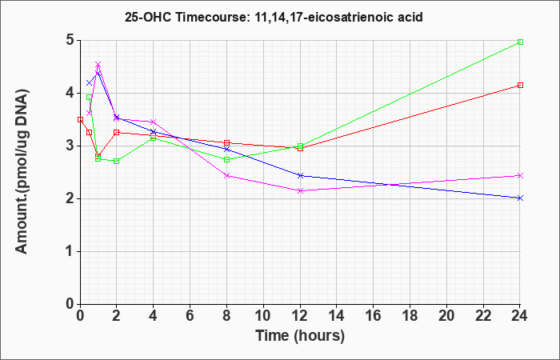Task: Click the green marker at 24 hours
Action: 520,42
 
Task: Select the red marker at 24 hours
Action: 520,86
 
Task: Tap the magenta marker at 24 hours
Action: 520,176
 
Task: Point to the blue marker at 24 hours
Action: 520,198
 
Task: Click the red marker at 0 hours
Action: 80,120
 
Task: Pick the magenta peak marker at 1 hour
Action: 98,65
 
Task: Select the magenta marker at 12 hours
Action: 300,191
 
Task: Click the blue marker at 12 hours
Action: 300,176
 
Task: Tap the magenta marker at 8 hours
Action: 226,176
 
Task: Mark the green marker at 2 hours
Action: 117,162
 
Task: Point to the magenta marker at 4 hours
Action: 154,122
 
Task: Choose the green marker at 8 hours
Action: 226,160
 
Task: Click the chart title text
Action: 274,17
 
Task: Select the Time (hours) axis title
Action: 300,336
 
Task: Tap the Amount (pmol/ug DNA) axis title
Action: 22,171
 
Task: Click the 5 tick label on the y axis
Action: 70,40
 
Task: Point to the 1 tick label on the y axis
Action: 70,251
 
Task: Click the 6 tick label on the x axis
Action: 190,315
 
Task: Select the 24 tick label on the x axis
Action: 519,315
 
